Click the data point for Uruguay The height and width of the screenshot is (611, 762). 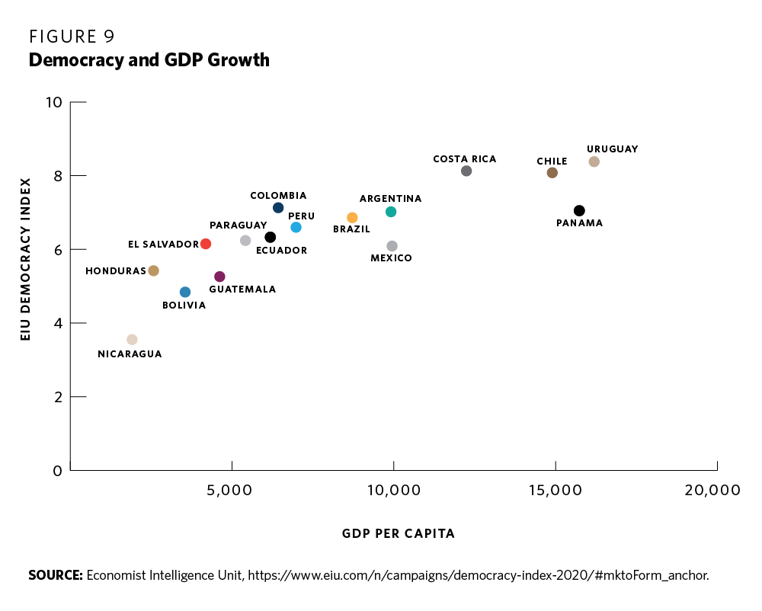coord(594,162)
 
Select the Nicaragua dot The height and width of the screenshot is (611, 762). coord(132,340)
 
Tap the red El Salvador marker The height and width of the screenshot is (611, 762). coord(206,244)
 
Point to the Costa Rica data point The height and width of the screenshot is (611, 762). coord(466,171)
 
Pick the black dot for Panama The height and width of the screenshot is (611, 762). coord(579,210)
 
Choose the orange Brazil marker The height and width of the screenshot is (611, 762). coord(352,218)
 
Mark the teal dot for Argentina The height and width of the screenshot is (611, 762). coord(391,212)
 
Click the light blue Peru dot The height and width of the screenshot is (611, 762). coord(296,228)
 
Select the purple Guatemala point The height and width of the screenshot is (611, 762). coord(219,277)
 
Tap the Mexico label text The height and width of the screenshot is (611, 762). coord(391,258)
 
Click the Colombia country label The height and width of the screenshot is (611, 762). coord(278,196)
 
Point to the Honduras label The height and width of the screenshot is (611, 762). coord(115,271)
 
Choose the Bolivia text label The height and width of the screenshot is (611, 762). coord(184,305)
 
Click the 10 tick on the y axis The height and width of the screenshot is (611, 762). coord(54,102)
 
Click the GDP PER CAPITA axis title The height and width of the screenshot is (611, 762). coord(399,534)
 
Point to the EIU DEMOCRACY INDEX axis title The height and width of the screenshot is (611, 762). coord(26,259)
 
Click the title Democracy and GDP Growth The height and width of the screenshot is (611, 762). coord(149,59)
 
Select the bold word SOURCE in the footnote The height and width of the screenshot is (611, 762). coord(55,575)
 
